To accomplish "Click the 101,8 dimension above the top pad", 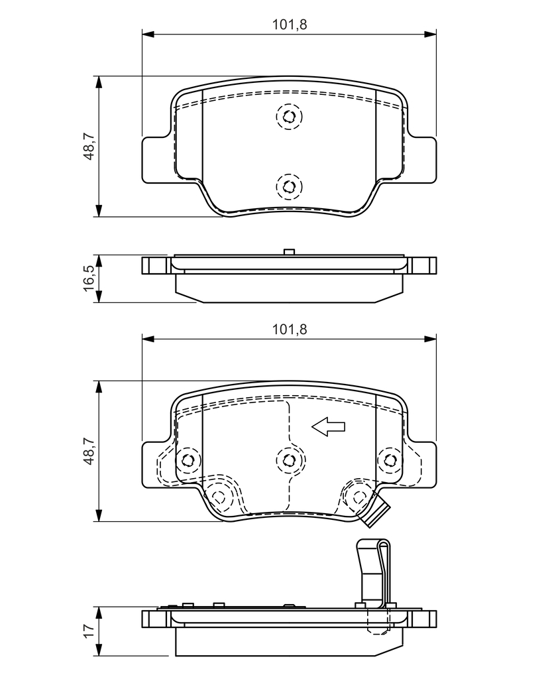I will (290, 25).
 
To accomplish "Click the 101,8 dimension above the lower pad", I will (290, 329).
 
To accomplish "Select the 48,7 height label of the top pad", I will (88, 146).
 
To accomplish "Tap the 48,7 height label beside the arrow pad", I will (88, 451).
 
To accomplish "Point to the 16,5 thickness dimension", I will (88, 278).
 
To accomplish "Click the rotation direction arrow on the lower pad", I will (329, 428).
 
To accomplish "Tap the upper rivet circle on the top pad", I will (289, 117).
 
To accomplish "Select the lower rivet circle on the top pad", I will (289, 186).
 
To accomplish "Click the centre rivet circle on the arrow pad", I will (289, 459).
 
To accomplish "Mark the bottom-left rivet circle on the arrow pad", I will (219, 495).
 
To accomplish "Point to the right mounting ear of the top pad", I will (421, 159).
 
